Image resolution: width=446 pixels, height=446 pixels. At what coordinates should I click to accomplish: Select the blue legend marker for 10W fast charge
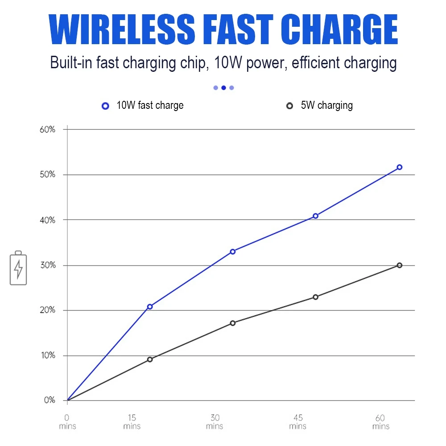click(105, 106)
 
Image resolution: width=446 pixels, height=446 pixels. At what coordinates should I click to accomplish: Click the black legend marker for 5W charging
click(289, 106)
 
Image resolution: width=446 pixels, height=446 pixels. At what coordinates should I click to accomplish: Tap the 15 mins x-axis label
click(132, 422)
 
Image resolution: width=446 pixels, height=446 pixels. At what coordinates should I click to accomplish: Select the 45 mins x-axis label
click(298, 422)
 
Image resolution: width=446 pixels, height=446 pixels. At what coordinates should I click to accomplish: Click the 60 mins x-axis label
click(380, 422)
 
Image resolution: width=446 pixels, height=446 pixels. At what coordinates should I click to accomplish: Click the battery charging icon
click(18, 268)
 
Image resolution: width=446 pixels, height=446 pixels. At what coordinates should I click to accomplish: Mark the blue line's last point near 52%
click(400, 167)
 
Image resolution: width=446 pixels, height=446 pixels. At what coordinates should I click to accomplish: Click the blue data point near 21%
click(150, 306)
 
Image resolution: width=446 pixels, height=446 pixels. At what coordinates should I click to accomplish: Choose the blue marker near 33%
click(233, 252)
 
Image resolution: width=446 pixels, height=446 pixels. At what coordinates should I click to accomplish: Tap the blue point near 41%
click(316, 216)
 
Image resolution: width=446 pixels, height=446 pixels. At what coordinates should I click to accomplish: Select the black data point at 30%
click(400, 265)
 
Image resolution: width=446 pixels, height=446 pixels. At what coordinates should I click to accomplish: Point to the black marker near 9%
click(150, 359)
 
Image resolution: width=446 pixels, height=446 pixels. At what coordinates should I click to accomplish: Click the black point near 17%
click(233, 323)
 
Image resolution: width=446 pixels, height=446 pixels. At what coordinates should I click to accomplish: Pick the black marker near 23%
click(316, 297)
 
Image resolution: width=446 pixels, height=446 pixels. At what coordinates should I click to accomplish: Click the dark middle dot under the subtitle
click(223, 88)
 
